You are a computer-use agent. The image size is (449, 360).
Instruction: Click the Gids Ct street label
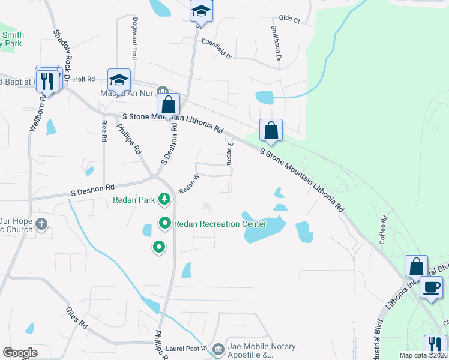click(289, 19)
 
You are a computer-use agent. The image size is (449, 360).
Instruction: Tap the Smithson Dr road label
click(276, 43)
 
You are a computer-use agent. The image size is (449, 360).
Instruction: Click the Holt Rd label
click(83, 79)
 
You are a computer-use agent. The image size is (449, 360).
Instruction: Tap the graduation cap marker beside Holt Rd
click(119, 80)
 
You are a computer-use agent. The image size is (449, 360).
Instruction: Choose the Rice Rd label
click(104, 130)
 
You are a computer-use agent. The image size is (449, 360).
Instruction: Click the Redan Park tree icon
click(164, 199)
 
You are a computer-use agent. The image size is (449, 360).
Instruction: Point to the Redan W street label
click(189, 183)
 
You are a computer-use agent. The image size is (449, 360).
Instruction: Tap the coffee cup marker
click(430, 287)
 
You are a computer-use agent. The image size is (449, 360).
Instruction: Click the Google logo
click(20, 353)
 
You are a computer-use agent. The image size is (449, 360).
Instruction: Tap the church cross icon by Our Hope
click(41, 225)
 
